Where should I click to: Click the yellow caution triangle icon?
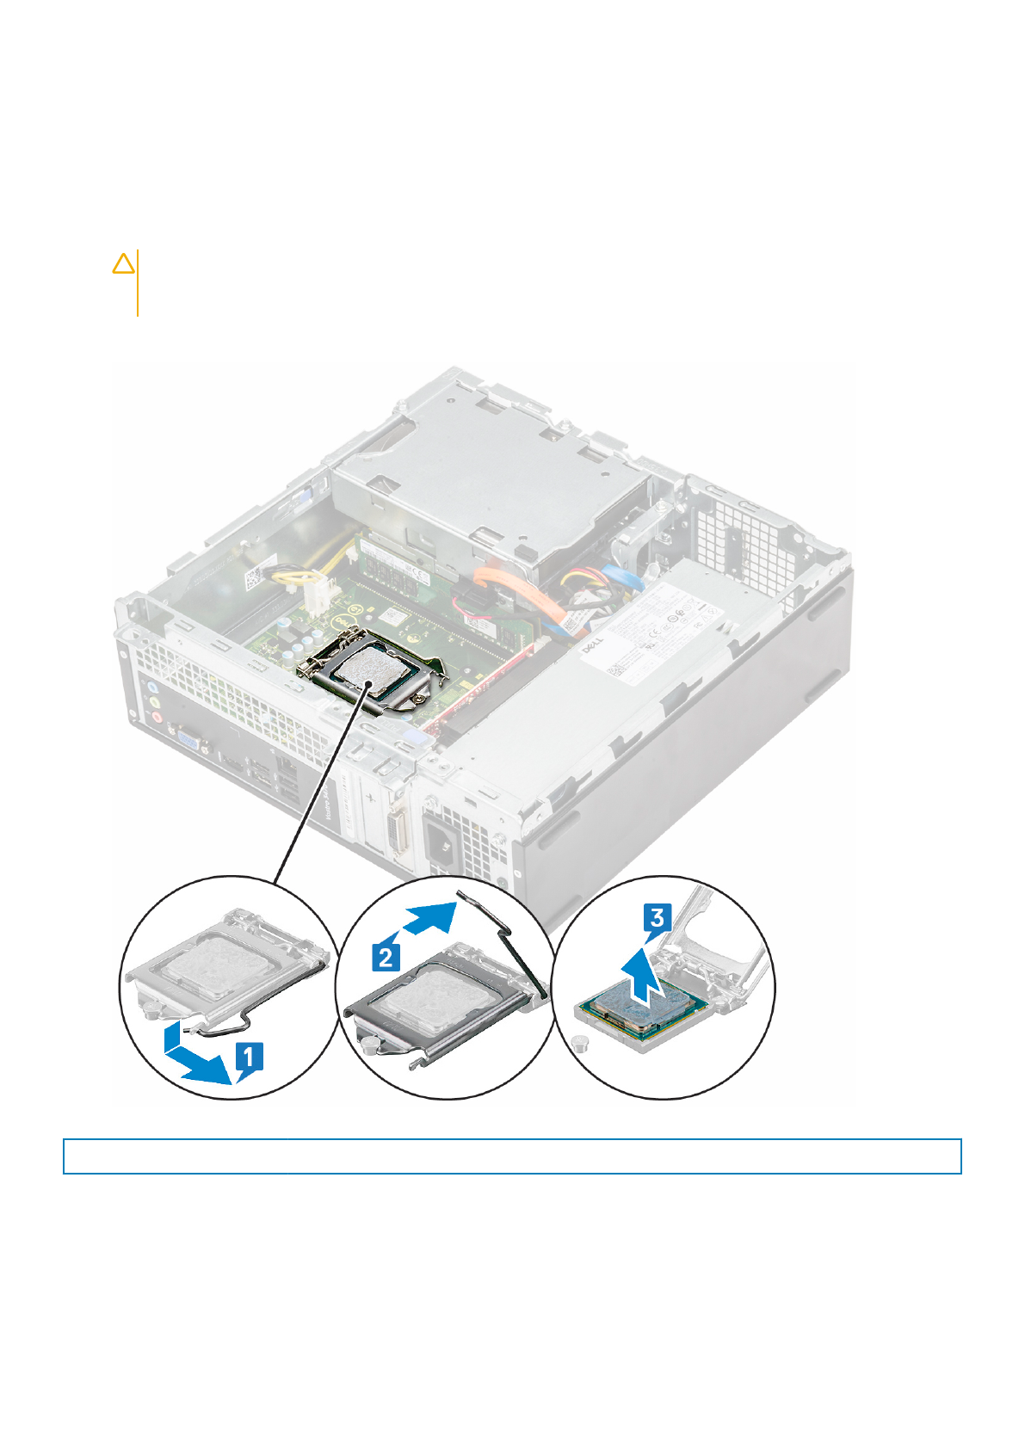coord(124,263)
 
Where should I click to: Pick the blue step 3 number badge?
coord(658,918)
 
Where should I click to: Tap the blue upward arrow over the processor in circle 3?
coord(643,976)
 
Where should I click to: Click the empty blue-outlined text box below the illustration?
coord(512,1156)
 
